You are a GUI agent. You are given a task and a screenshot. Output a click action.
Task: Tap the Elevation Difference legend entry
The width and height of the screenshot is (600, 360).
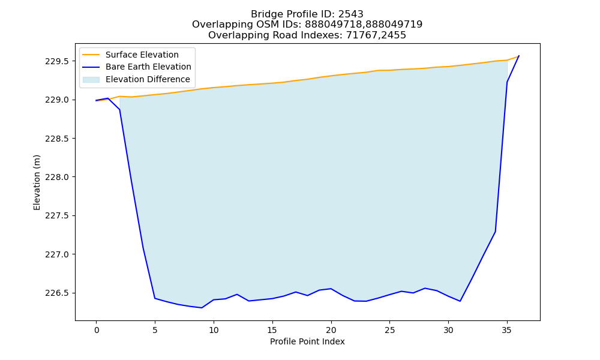tap(136, 80)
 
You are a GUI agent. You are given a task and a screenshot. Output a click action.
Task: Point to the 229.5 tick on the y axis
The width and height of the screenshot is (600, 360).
tap(58, 61)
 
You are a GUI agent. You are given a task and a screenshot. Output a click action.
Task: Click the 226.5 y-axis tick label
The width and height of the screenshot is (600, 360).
tap(58, 293)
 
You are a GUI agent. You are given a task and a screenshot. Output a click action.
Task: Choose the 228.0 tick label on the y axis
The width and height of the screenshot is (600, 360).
tap(58, 177)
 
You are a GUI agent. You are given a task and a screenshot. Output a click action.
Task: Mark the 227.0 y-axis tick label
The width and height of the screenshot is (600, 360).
tap(58, 254)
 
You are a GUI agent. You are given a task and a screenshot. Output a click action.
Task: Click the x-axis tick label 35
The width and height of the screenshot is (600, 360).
tap(506, 330)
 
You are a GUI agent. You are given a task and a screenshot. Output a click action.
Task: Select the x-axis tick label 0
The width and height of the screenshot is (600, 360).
tap(96, 330)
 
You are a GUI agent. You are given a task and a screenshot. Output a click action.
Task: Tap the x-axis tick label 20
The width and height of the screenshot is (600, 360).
tap(331, 330)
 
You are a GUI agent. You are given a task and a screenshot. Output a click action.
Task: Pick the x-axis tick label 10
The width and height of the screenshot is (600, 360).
tap(214, 330)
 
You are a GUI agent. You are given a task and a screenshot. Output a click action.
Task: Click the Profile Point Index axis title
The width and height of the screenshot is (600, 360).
tap(307, 341)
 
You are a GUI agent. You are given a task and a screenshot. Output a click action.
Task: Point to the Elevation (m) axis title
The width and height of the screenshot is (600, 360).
tap(37, 182)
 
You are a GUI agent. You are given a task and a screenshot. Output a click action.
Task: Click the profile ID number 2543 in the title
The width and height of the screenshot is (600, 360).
tap(350, 14)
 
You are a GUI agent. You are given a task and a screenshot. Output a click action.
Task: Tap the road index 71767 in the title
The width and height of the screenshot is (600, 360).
tap(359, 35)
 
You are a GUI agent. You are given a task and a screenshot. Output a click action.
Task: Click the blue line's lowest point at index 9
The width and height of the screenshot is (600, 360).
tap(202, 308)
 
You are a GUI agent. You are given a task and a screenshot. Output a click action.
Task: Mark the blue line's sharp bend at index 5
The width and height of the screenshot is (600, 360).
tap(155, 298)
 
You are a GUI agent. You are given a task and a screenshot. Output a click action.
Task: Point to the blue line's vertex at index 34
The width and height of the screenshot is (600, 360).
tap(495, 232)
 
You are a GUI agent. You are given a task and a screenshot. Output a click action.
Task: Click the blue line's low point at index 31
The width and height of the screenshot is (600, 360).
tap(460, 301)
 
